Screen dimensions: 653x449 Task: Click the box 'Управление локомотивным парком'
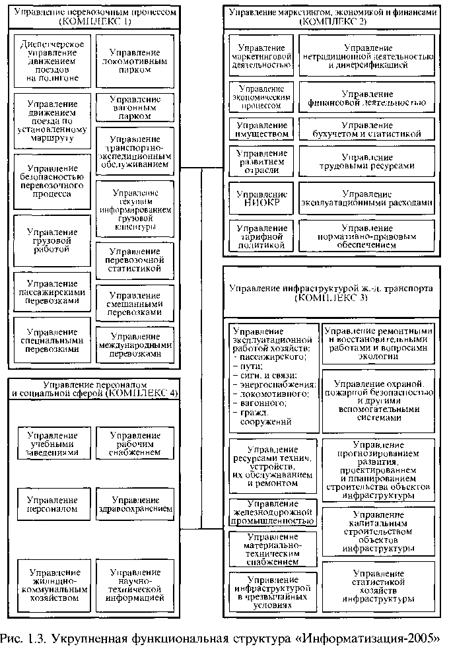pos(135,61)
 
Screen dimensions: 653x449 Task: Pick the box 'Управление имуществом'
pos(262,129)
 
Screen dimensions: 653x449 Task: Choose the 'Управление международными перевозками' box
pos(135,345)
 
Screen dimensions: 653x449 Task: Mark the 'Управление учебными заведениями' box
pos(52,444)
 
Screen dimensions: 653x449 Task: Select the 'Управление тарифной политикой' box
pos(262,236)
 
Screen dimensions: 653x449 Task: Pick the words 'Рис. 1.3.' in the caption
pos(23,640)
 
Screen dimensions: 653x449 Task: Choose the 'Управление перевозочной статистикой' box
pos(135,260)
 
